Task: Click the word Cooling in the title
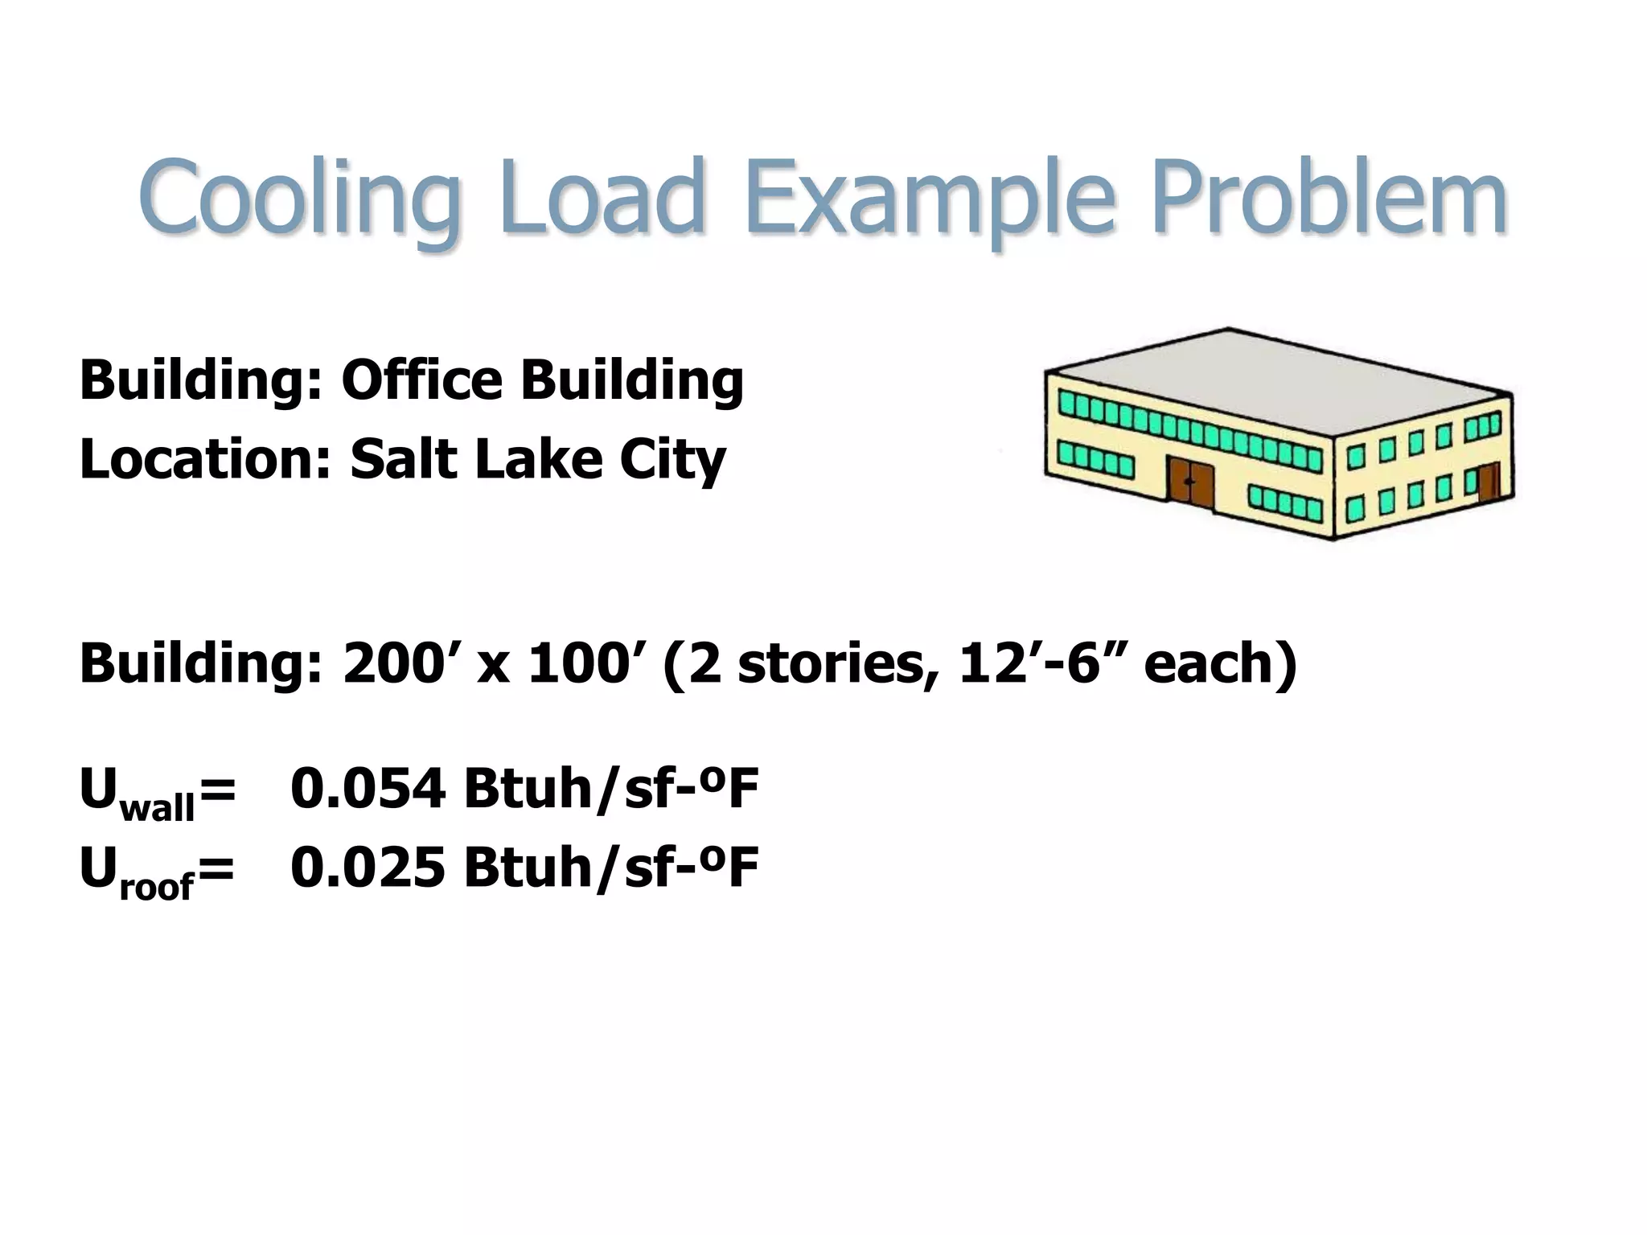pyautogui.click(x=299, y=198)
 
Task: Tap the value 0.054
pyautogui.click(x=367, y=789)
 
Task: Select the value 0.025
pyautogui.click(x=367, y=868)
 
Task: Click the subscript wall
pyautogui.click(x=157, y=807)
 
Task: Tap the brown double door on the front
pyautogui.click(x=1190, y=482)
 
